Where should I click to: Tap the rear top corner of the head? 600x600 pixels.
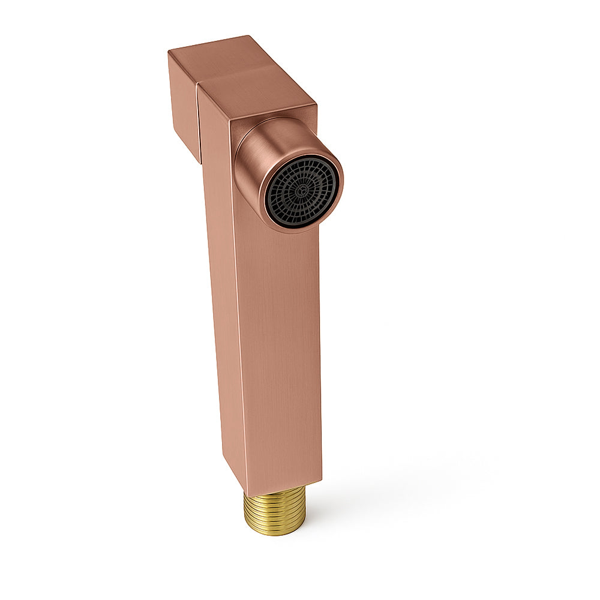[x=247, y=37]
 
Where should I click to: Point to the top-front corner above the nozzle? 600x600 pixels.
[x=316, y=106]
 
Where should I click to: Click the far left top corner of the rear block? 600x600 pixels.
[x=169, y=52]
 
